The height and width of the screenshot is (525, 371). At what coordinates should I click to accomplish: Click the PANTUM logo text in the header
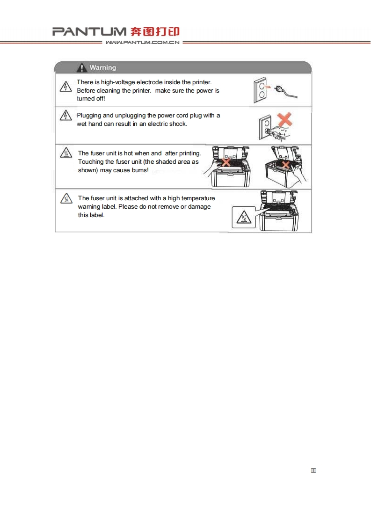tap(89, 32)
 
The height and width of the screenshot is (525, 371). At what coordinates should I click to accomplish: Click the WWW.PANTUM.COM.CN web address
tap(143, 43)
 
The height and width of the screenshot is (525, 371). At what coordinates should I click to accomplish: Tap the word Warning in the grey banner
tap(103, 68)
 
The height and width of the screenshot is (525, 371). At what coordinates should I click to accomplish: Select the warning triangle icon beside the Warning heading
tap(82, 68)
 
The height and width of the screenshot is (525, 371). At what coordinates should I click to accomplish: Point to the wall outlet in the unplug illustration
tap(260, 89)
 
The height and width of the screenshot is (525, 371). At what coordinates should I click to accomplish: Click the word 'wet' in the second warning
tap(82, 124)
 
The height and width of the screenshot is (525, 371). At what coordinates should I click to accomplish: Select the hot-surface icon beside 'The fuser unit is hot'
tap(66, 153)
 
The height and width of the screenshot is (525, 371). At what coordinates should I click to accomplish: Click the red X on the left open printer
tap(226, 162)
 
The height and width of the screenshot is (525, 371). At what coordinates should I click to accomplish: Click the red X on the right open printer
tap(285, 165)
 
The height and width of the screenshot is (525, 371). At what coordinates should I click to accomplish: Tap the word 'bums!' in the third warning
tap(140, 170)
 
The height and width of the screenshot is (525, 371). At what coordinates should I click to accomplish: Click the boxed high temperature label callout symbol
tap(244, 218)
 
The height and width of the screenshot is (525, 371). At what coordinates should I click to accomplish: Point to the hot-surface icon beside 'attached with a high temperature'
tap(66, 198)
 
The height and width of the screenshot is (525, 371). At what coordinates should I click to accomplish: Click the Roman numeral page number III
tap(313, 470)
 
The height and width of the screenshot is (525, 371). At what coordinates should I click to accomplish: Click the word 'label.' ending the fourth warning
tap(97, 215)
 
